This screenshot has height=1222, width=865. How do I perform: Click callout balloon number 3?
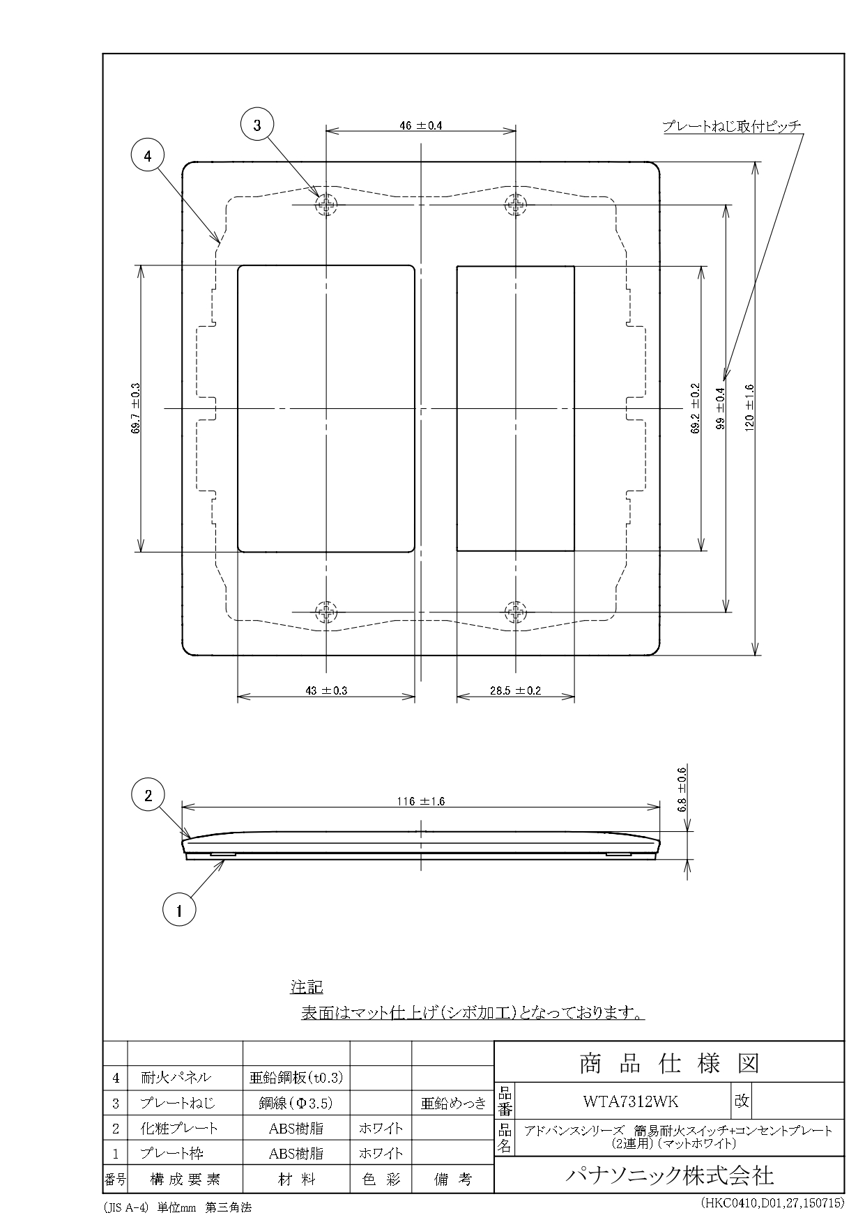pos(257,125)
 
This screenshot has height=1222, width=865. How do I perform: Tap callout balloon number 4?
pos(148,157)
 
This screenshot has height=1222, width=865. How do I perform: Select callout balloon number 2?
pos(148,796)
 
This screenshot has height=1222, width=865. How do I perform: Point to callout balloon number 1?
pos(179,910)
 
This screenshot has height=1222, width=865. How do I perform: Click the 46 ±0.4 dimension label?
pos(421,126)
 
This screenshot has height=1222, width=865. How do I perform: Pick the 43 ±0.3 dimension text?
pos(326,691)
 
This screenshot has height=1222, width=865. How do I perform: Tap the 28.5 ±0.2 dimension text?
pos(515,691)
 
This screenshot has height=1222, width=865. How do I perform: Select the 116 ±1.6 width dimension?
pos(421,801)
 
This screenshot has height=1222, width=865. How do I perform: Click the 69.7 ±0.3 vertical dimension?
pos(135,408)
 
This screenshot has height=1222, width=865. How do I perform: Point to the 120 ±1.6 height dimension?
pos(749,408)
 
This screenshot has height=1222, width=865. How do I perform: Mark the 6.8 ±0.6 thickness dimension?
pos(682,789)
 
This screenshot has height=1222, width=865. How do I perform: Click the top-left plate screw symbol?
pos(326,205)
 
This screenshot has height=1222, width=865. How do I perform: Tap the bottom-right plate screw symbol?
pos(515,612)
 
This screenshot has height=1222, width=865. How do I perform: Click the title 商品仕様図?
pos(668,1063)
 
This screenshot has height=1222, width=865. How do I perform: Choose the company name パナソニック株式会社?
pos(668,1176)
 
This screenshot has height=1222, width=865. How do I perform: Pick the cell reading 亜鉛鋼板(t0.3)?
pos(296,1078)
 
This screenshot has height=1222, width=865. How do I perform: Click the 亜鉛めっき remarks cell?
pos(453,1104)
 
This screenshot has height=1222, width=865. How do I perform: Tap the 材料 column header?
pos(296,1180)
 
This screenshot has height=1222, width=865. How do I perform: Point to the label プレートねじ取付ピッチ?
pos(731,126)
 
